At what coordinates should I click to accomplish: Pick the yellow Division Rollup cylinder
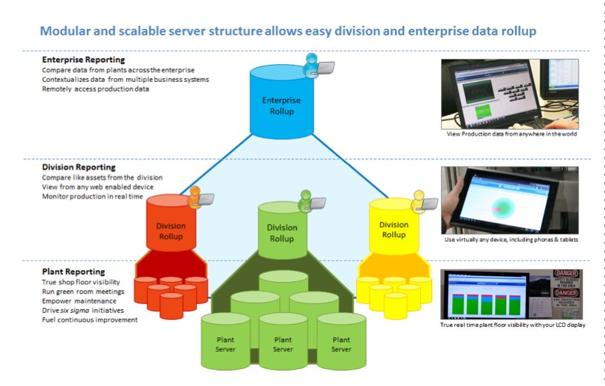pos(393,230)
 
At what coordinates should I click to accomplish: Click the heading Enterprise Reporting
pos(83,60)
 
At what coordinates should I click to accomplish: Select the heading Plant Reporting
pos(73,272)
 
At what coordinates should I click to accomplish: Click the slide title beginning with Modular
pos(287,32)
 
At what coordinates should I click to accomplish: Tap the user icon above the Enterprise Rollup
pos(312,63)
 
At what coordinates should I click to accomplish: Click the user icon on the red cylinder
pos(194,196)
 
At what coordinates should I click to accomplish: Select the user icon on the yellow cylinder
pos(420,199)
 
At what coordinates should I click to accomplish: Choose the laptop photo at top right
pos(509,94)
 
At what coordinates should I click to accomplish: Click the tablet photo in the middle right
pos(509,200)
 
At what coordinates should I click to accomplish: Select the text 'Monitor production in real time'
pos(93,197)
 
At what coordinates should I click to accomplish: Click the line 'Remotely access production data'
pos(95,89)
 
